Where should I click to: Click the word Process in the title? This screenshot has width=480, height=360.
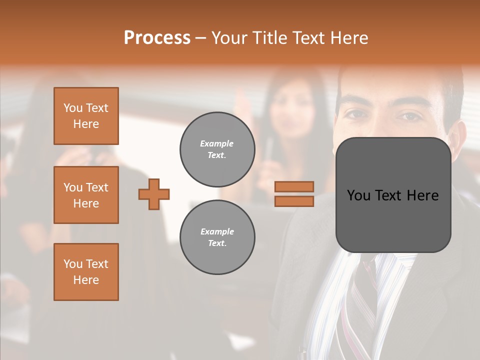(157, 38)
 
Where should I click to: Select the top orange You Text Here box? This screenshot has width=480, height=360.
(86, 116)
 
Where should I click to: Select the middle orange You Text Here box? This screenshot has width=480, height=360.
(86, 195)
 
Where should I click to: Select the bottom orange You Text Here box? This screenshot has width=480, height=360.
(86, 272)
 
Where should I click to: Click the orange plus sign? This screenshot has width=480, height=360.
(154, 194)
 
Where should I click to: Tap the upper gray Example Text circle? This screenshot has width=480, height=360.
(217, 149)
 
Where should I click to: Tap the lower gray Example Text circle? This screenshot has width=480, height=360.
(217, 237)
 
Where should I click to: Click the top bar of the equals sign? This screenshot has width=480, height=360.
(294, 186)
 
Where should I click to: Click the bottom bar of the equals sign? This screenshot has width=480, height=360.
(294, 201)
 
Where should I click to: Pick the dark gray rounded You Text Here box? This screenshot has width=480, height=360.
(393, 195)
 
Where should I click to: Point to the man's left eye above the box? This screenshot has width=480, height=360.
(410, 116)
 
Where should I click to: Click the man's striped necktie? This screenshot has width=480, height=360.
(362, 295)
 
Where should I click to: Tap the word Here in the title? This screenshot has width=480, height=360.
(348, 38)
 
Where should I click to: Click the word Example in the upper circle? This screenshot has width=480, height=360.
(216, 143)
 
